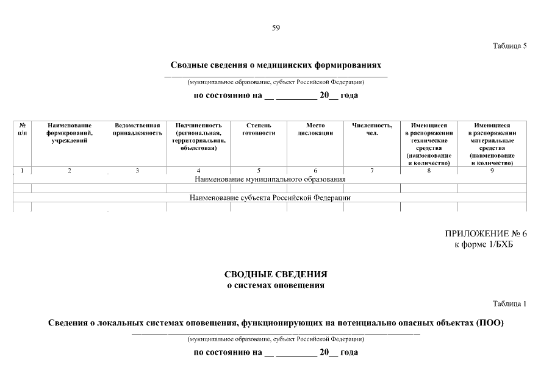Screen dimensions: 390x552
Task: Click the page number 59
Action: pos(276,27)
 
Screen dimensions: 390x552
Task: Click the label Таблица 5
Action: pos(509,46)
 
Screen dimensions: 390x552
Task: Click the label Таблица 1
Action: pos(509,303)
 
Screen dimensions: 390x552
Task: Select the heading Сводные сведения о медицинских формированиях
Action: pos(276,64)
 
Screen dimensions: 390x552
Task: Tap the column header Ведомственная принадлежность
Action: pos(137,129)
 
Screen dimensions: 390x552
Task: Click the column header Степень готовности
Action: pos(259,129)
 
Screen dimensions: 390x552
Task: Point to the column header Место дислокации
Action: pos(315,129)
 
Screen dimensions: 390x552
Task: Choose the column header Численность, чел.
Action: pos(372,129)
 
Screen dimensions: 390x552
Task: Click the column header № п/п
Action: pos(22,129)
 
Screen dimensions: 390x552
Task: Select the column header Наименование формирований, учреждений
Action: pos(70,132)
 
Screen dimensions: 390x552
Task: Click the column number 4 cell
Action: pos(198,171)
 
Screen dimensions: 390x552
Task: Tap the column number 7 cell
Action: pos(372,171)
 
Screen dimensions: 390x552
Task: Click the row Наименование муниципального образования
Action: pos(270,179)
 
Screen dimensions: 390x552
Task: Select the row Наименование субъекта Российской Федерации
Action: pos(270,197)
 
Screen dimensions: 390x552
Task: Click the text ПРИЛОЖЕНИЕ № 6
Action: pos(486,234)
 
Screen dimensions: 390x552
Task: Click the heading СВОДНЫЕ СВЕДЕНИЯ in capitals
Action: pos(276,274)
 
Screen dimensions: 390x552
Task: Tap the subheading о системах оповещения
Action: pos(276,285)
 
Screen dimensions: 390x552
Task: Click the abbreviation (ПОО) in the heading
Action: pos(489,322)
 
